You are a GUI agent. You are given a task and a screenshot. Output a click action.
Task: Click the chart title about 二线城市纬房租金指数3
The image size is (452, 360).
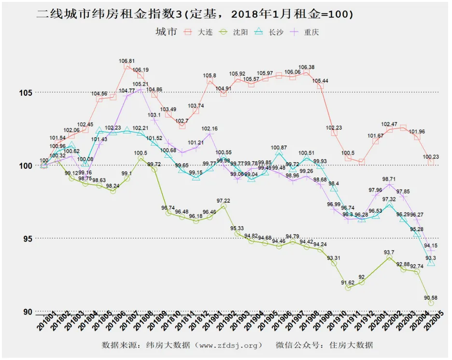pos(195,14)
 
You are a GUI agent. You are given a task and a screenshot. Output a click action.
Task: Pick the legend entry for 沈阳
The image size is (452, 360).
pos(232,32)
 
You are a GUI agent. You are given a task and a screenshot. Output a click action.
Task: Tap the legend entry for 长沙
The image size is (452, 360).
pos(268,32)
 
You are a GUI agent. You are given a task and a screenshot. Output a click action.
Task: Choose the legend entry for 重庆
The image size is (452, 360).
pos(303,32)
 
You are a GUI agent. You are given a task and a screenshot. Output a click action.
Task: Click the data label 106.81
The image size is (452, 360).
pos(127,61)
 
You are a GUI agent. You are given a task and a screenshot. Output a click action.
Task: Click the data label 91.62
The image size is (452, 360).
pos(348,282)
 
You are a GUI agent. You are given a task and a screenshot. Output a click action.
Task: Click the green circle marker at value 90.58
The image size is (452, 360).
pos(431,303)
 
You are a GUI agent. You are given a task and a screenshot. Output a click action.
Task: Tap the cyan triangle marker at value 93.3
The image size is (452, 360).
pos(431,263)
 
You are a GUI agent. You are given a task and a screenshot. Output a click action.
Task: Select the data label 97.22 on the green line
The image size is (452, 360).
pos(224,200)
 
